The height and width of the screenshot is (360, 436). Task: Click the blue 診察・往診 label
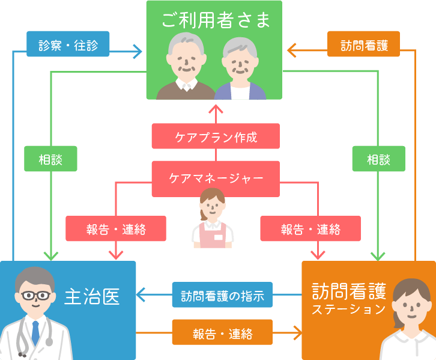(x=68, y=44)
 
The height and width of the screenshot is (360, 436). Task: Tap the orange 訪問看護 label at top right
(x=363, y=44)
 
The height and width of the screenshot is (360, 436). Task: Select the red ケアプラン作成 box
(x=216, y=136)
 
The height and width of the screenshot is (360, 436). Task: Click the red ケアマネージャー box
(x=216, y=178)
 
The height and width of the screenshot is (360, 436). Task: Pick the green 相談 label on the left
(x=50, y=159)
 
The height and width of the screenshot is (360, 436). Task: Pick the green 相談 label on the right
(x=378, y=159)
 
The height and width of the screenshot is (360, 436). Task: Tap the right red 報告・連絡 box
(x=310, y=229)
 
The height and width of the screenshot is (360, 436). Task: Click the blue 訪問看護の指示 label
(x=222, y=295)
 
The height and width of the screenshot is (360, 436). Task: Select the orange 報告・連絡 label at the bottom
(x=222, y=333)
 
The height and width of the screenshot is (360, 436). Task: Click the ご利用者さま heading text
(x=216, y=21)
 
